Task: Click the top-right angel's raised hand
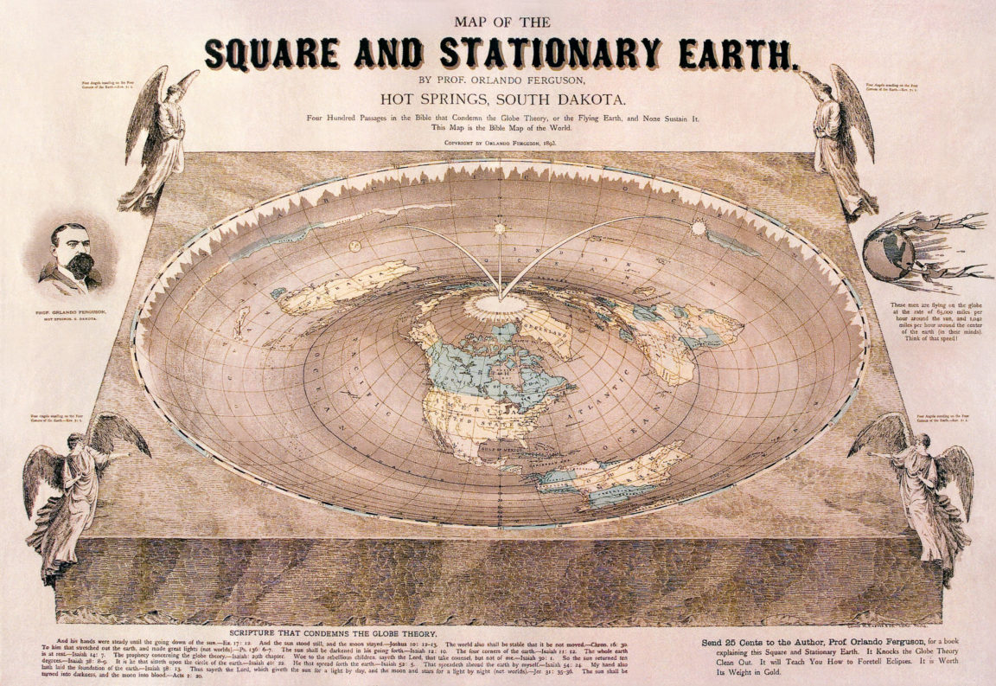802,74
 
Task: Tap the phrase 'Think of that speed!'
924,356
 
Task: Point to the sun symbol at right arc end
698,228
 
